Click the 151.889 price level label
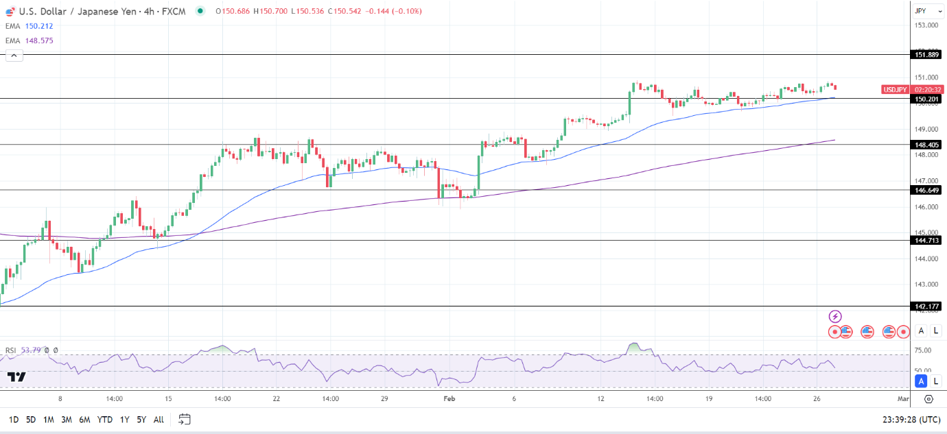click(926, 54)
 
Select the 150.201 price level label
click(926, 99)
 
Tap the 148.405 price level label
click(926, 145)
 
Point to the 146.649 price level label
click(926, 190)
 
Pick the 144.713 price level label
click(926, 240)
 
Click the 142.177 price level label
click(926, 306)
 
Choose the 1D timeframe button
click(14, 420)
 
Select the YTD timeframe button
click(105, 420)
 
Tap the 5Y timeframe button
click(141, 420)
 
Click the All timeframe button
click(159, 420)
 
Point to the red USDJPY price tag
click(896, 89)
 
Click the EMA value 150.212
click(39, 26)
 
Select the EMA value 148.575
click(39, 40)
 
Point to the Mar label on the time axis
click(903, 398)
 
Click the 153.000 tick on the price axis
click(926, 25)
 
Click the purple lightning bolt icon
click(835, 316)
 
